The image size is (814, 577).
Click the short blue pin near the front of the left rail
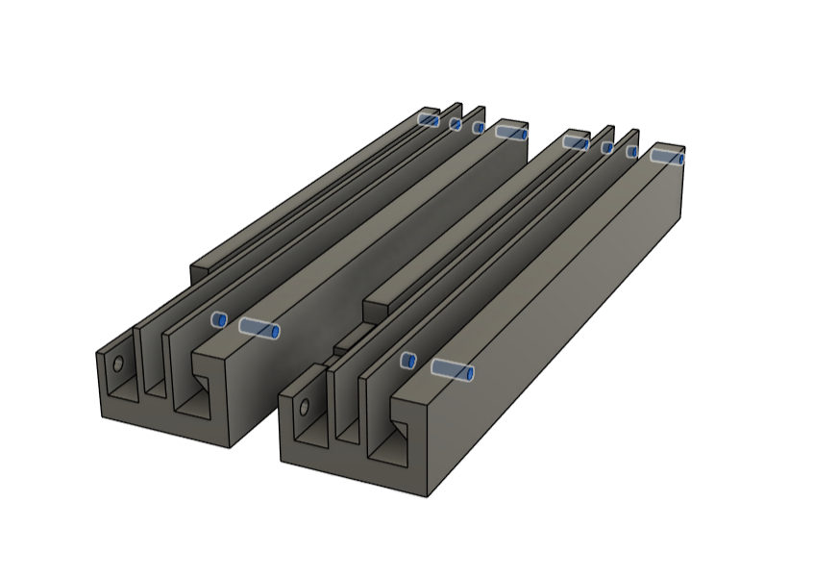[219, 319]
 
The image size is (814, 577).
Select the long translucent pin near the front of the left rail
[259, 329]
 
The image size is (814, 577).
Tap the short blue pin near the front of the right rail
[408, 361]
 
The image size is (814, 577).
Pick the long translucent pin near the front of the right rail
[452, 370]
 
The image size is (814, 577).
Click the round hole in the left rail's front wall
[118, 364]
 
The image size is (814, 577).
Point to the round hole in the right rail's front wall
[305, 407]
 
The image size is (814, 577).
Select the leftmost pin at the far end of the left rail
[429, 120]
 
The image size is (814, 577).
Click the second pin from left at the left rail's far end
[456, 124]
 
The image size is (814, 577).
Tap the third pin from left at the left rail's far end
[478, 127]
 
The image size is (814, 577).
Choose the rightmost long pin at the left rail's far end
[511, 132]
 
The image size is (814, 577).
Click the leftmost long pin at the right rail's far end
[575, 143]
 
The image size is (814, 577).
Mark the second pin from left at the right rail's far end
[607, 147]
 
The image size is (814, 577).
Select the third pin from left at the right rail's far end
[632, 151]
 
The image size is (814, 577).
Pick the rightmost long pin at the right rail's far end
[667, 156]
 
